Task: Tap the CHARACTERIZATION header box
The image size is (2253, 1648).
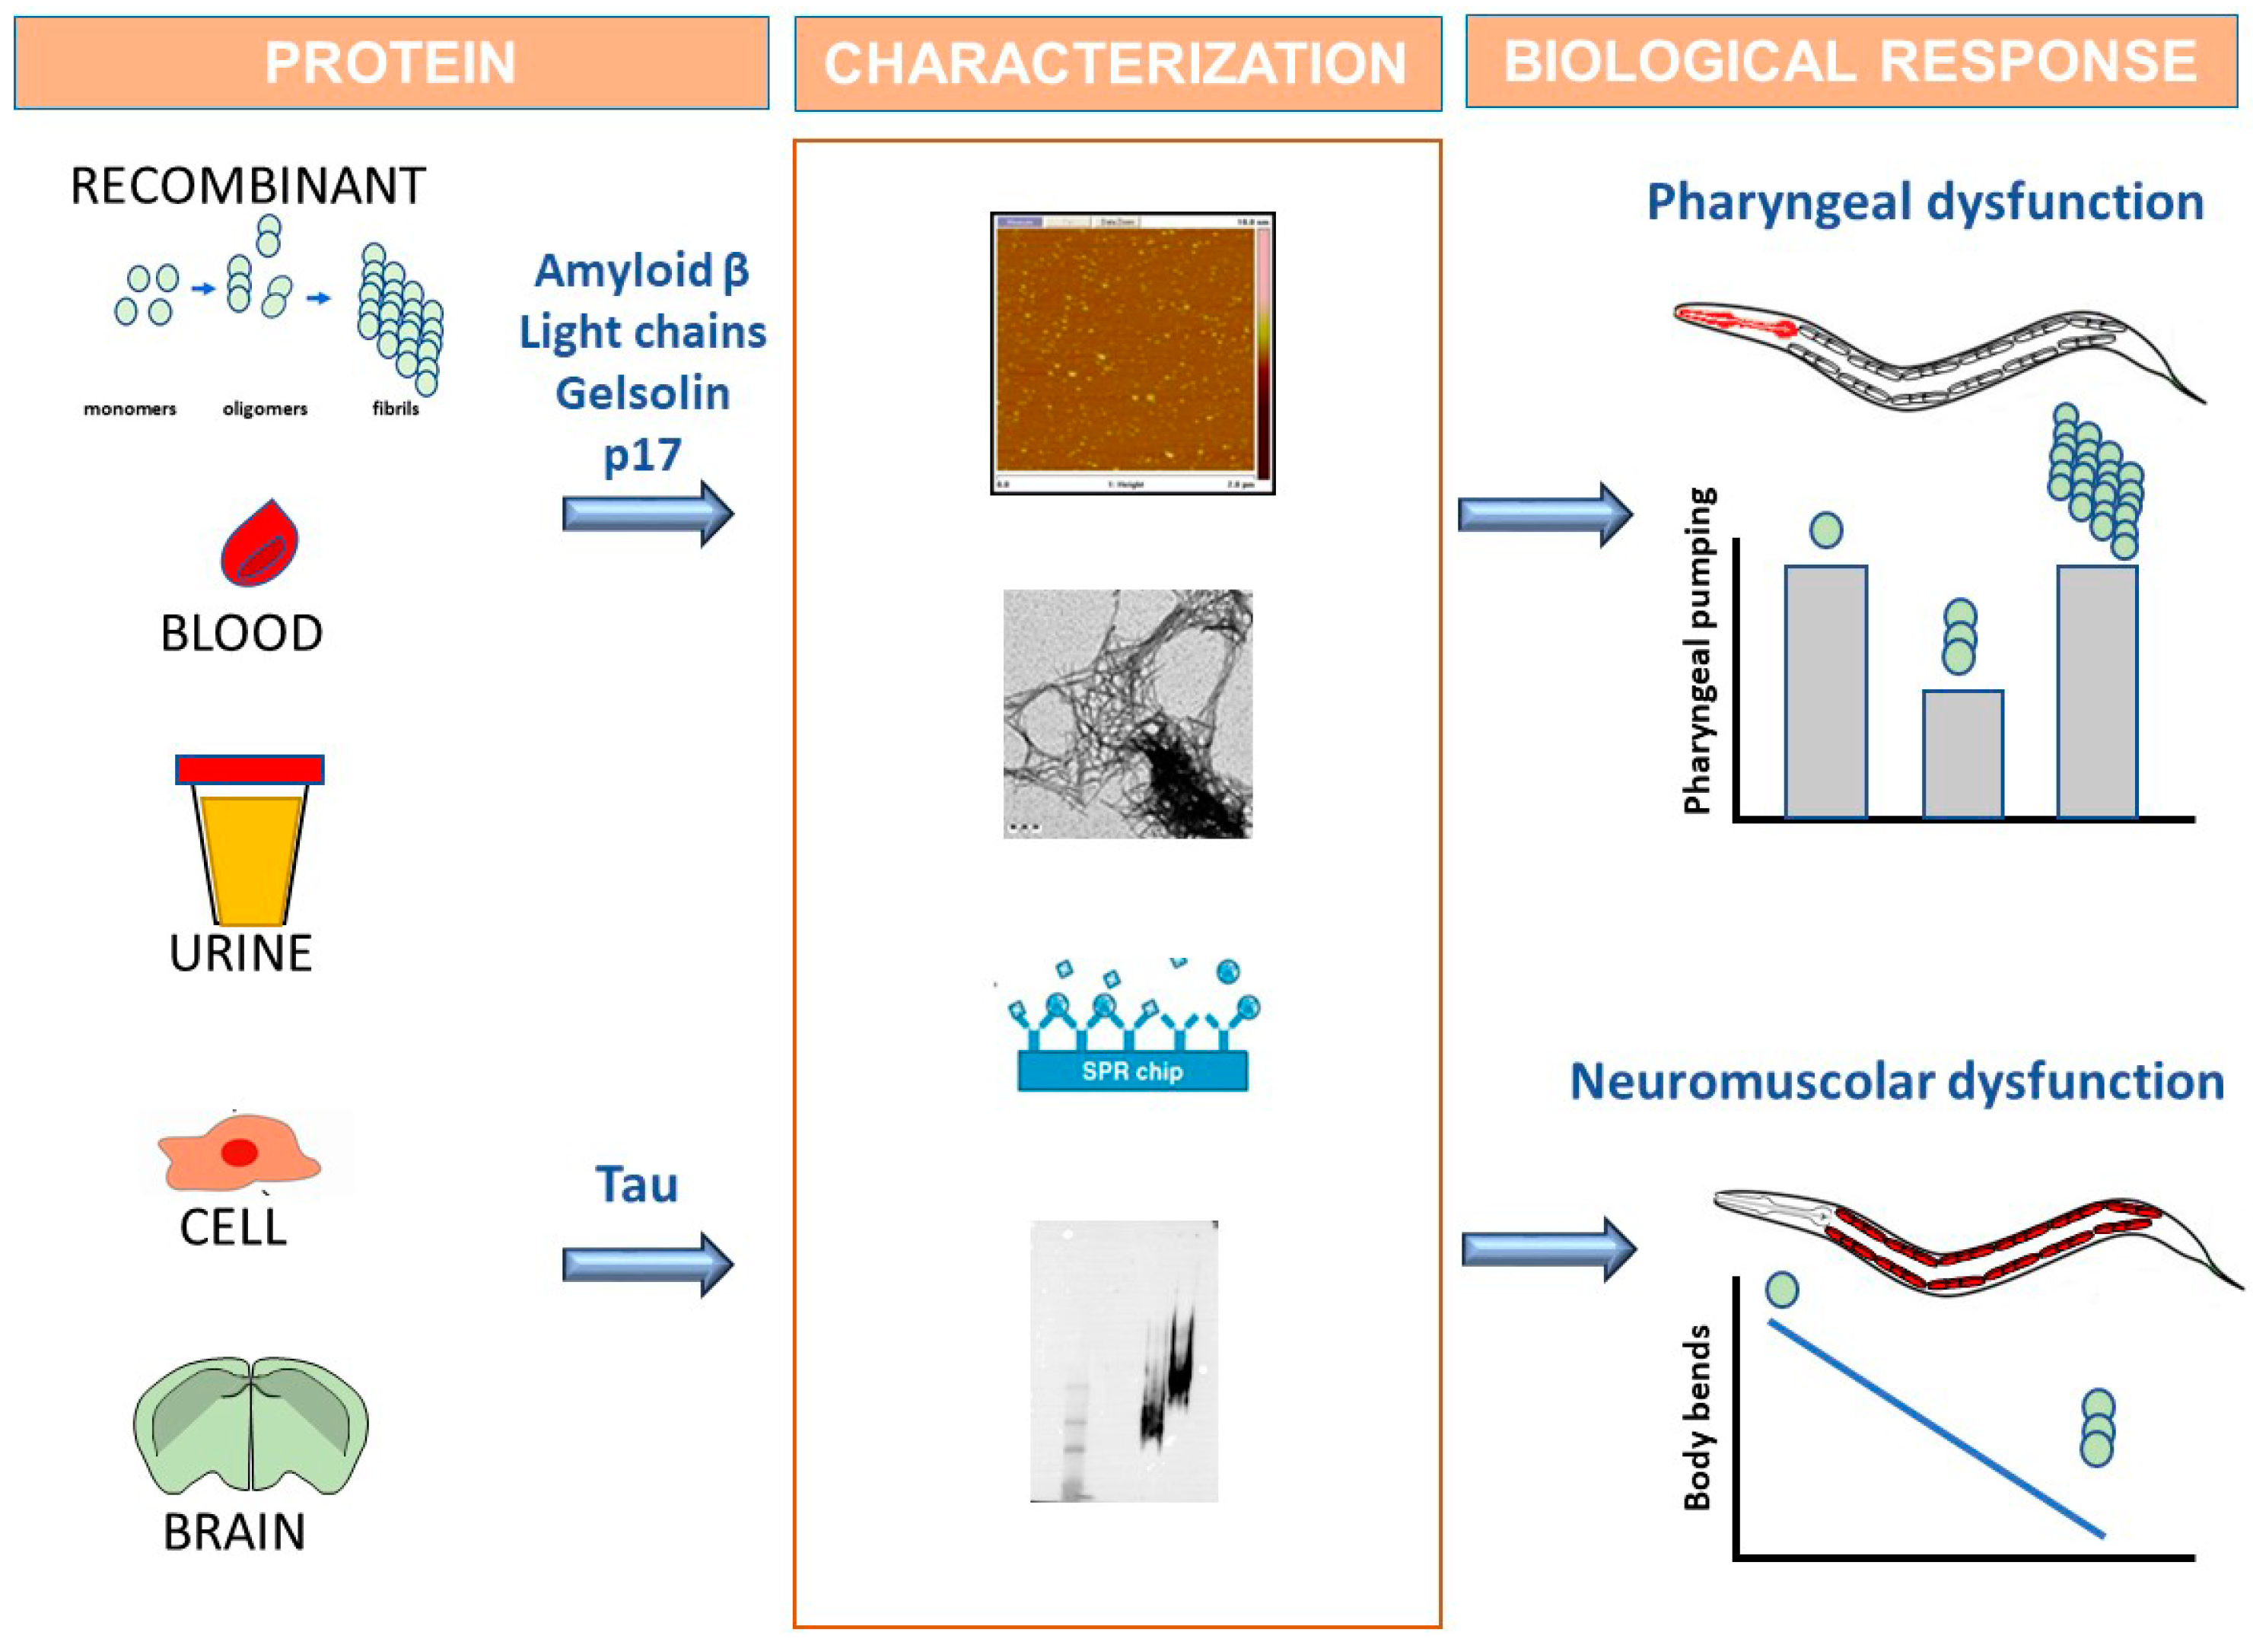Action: [1117, 63]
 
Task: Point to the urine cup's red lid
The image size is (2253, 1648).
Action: [250, 769]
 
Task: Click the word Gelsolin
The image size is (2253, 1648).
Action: [642, 393]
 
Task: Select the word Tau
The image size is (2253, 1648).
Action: [636, 1185]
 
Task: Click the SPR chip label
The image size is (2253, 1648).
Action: [1132, 1071]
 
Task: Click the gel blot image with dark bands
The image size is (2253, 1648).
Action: [1124, 1362]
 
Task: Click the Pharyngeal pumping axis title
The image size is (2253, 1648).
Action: [1698, 651]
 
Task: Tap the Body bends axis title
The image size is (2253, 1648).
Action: [1698, 1417]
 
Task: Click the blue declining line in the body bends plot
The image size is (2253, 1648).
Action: [1935, 1427]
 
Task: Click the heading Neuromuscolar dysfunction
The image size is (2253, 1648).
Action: [1896, 1083]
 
